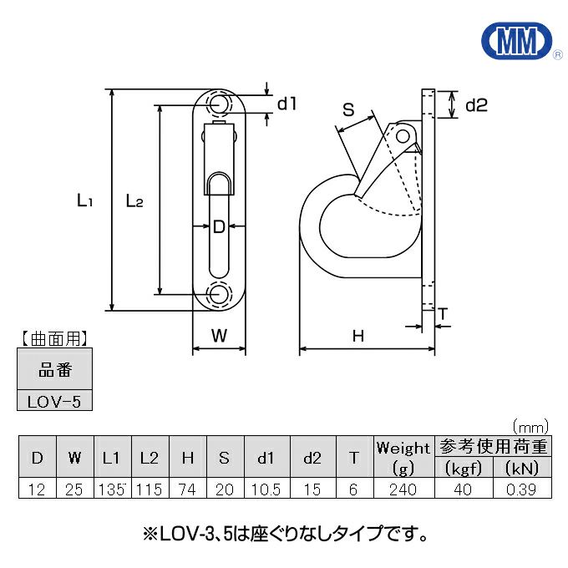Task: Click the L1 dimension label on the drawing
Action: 84,200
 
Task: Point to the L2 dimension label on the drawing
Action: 134,200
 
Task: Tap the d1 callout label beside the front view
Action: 287,104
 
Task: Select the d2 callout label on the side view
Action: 475,105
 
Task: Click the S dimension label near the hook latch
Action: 348,109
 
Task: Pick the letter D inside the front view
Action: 219,226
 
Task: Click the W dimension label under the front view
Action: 219,336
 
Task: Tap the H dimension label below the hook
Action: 358,336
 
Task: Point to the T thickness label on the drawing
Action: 443,314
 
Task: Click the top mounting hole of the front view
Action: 220,105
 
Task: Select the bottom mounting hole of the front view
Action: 220,293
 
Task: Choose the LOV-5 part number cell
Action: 54,401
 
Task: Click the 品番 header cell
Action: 54,368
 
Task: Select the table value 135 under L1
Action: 112,489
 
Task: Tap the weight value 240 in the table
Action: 403,489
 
